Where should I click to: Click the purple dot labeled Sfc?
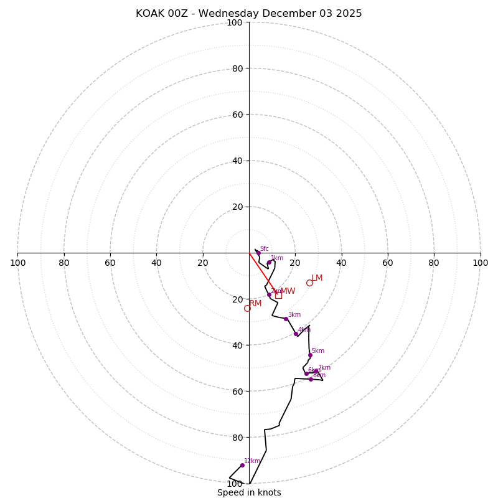coord(258,253)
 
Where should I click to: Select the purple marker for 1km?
coord(269,263)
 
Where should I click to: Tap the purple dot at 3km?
coord(286,319)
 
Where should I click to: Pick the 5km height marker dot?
coord(310,355)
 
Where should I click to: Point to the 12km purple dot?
coord(242,465)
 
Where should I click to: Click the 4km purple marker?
coord(296,334)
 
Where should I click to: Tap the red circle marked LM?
coord(309,283)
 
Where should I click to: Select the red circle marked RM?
coord(247,308)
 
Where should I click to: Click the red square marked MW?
coord(278,295)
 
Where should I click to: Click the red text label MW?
coord(288,291)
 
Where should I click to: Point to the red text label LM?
coord(317,278)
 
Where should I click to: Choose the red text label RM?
coord(255,303)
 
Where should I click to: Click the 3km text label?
coord(294,314)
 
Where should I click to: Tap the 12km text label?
coord(252,461)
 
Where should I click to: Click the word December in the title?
coord(289,14)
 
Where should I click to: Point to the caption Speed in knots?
coord(249,492)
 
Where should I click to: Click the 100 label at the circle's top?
coord(235,22)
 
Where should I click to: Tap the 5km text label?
coord(317,350)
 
